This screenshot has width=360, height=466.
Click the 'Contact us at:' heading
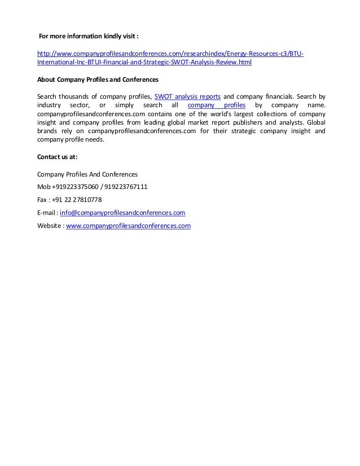coord(57,157)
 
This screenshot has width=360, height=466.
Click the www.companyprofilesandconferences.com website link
coord(129,226)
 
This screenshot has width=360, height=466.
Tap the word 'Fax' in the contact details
coord(42,200)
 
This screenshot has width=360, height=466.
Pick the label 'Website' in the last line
coord(49,226)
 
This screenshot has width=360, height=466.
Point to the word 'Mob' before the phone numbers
coord(43,187)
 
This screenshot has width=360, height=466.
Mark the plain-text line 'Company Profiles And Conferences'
coord(87,174)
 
